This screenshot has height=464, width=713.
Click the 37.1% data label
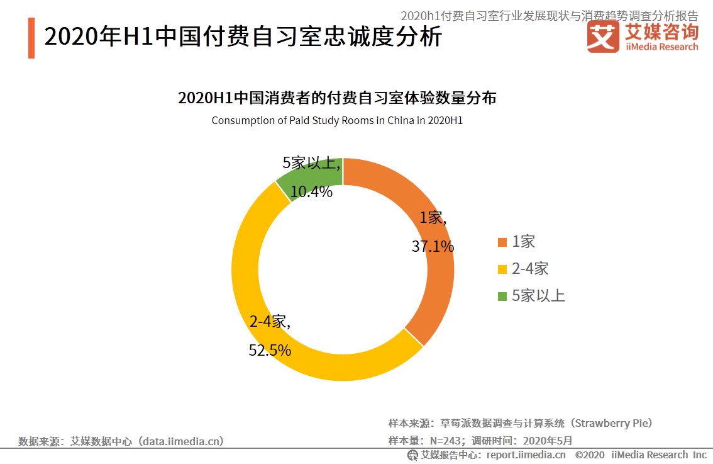pyautogui.click(x=433, y=246)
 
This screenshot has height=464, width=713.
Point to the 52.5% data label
pyautogui.click(x=270, y=350)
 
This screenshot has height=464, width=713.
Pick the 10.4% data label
pyautogui.click(x=311, y=192)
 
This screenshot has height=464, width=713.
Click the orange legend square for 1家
pyautogui.click(x=502, y=242)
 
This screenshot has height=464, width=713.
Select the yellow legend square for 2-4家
pyautogui.click(x=502, y=269)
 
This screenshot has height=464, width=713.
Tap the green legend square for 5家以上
pyautogui.click(x=502, y=297)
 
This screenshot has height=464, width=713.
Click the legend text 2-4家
pyautogui.click(x=530, y=269)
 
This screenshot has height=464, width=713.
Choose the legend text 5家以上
pyautogui.click(x=538, y=296)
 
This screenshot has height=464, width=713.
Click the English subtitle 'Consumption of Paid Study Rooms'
pyautogui.click(x=337, y=120)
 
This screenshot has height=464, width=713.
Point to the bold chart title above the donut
pyautogui.click(x=337, y=98)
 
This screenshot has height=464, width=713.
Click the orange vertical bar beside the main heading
pyautogui.click(x=31, y=38)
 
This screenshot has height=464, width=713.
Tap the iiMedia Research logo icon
pyautogui.click(x=602, y=37)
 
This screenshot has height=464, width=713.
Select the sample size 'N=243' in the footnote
pyautogui.click(x=446, y=441)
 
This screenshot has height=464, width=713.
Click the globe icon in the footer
pyautogui.click(x=412, y=455)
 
